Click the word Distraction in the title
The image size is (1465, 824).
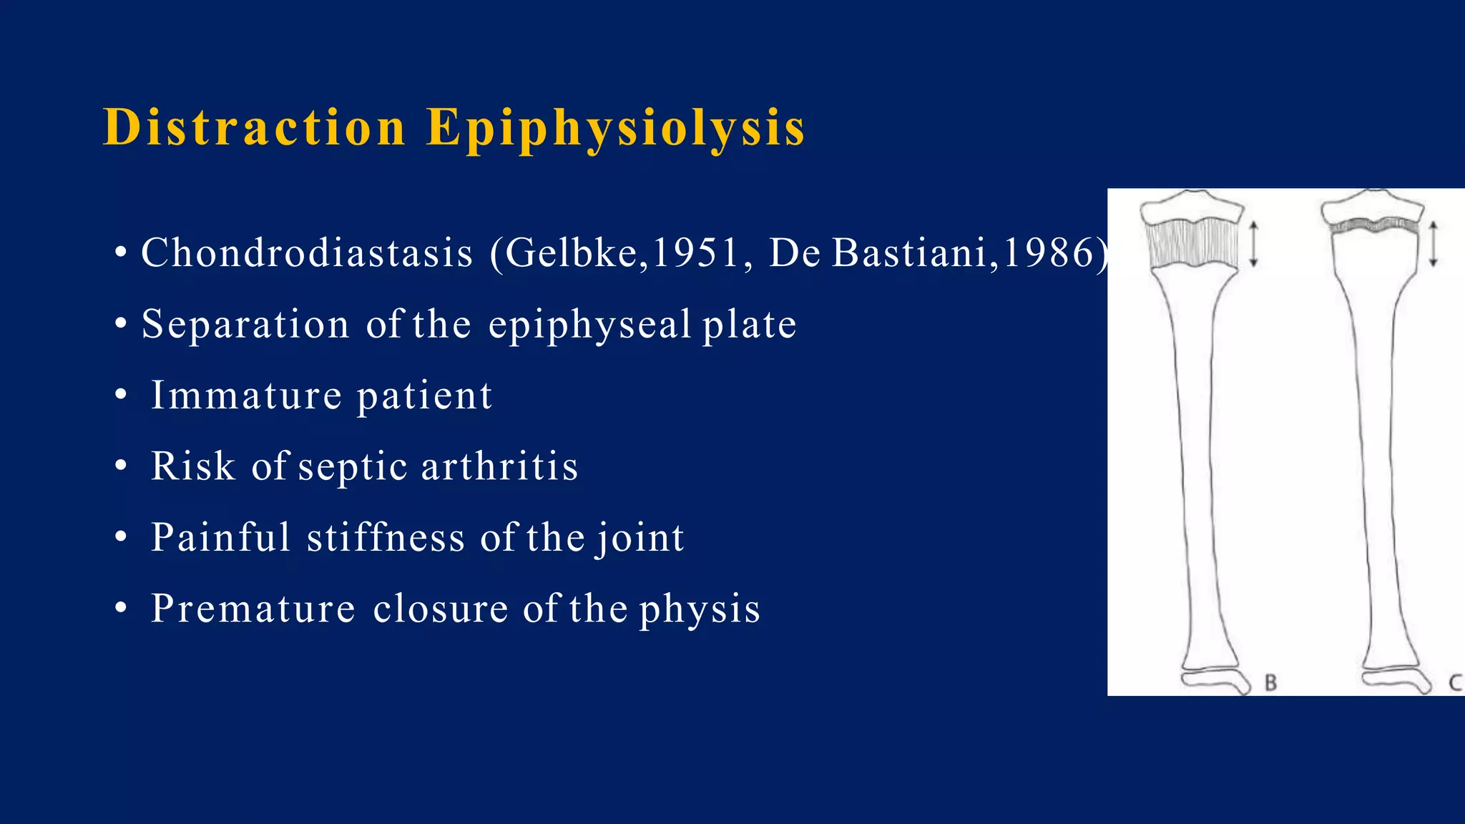(x=255, y=128)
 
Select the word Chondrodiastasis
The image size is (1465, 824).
(x=307, y=253)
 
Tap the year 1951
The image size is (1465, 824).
(x=695, y=253)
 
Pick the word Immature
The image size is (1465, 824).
(x=246, y=396)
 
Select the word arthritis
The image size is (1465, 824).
(x=499, y=466)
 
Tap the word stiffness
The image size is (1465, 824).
(x=386, y=538)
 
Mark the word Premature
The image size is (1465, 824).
(x=253, y=609)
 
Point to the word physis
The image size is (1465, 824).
(x=699, y=610)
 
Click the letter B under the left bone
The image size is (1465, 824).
(x=1270, y=682)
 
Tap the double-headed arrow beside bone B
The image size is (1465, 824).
(x=1253, y=244)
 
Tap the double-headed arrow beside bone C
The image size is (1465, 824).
(x=1433, y=244)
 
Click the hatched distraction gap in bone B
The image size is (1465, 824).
(x=1192, y=244)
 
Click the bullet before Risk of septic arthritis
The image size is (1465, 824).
(x=121, y=466)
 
